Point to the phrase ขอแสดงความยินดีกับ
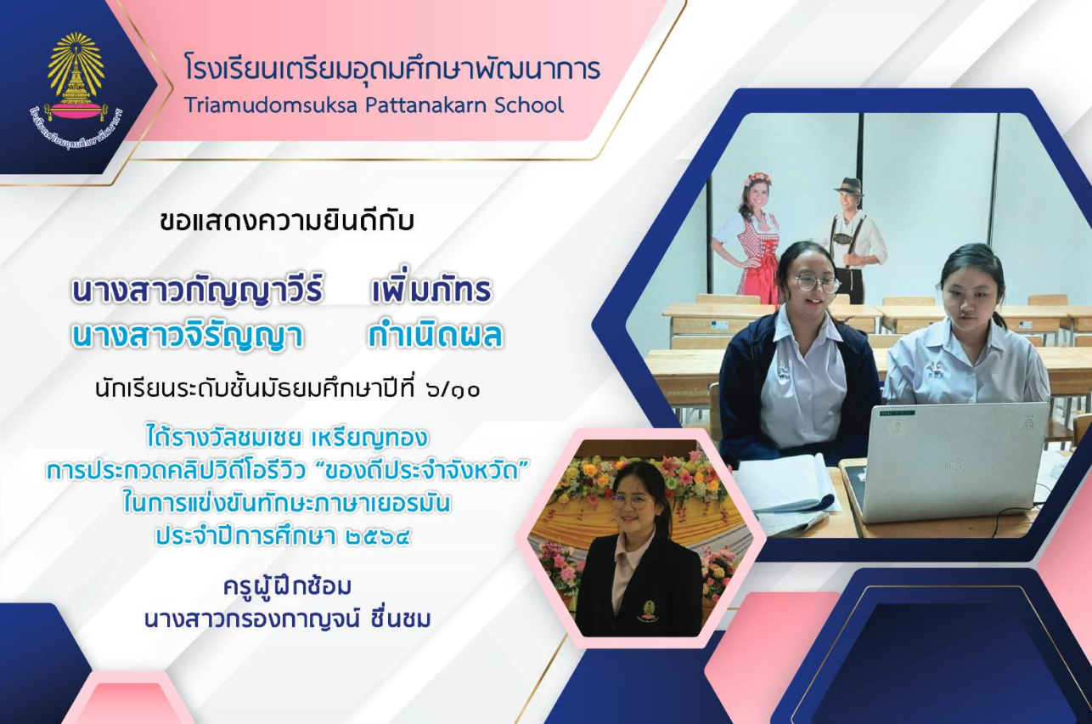coord(287,222)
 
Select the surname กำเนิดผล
coord(436,336)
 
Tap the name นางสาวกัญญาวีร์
coord(197,291)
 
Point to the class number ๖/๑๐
coord(453,389)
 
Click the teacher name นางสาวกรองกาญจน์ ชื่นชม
coord(288,619)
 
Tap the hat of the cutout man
coord(847,186)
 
